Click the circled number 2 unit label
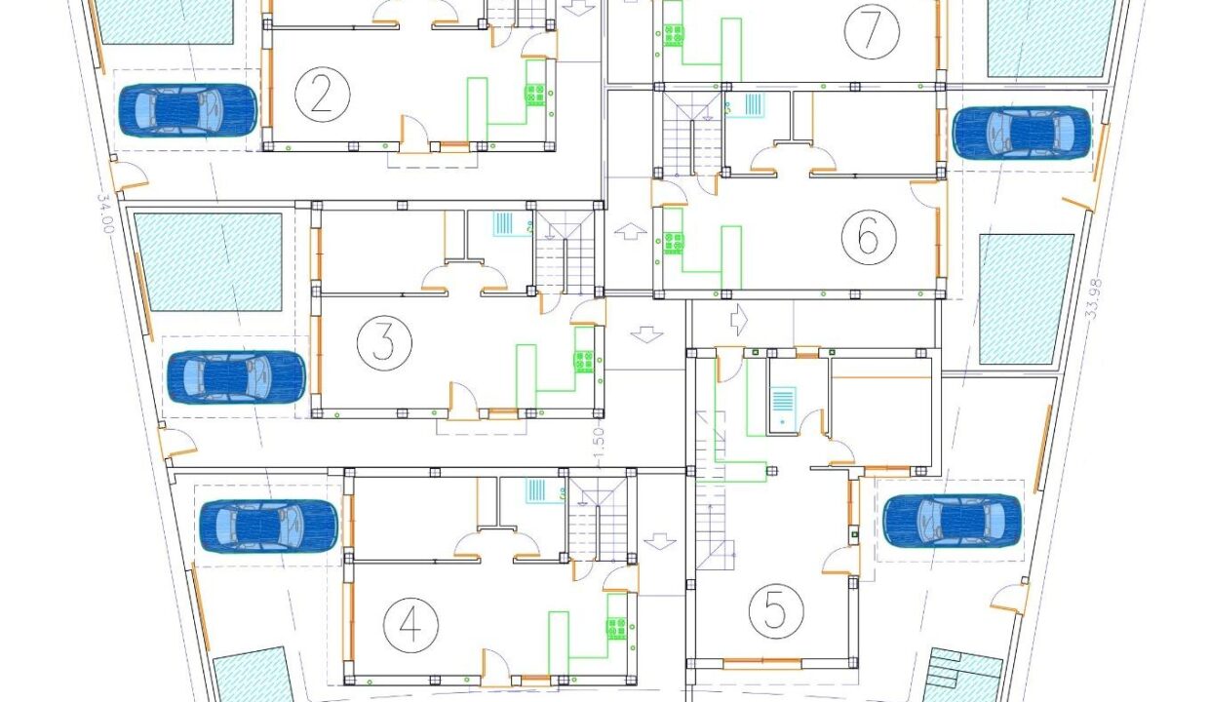[x=322, y=95]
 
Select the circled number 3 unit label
[x=384, y=342]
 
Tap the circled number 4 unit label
[x=410, y=625]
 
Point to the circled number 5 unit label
[x=776, y=611]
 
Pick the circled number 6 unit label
[x=869, y=237]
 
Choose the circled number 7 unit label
[x=872, y=31]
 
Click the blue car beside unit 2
[x=187, y=110]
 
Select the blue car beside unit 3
[x=236, y=377]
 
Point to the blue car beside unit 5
[x=952, y=522]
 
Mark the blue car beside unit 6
[x=1022, y=133]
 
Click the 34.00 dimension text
[x=105, y=214]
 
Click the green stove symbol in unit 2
[x=535, y=95]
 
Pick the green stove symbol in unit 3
[x=583, y=362]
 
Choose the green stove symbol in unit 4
[x=616, y=629]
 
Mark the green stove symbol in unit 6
[x=673, y=243]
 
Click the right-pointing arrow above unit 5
[x=738, y=320]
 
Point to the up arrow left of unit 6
[x=631, y=231]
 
